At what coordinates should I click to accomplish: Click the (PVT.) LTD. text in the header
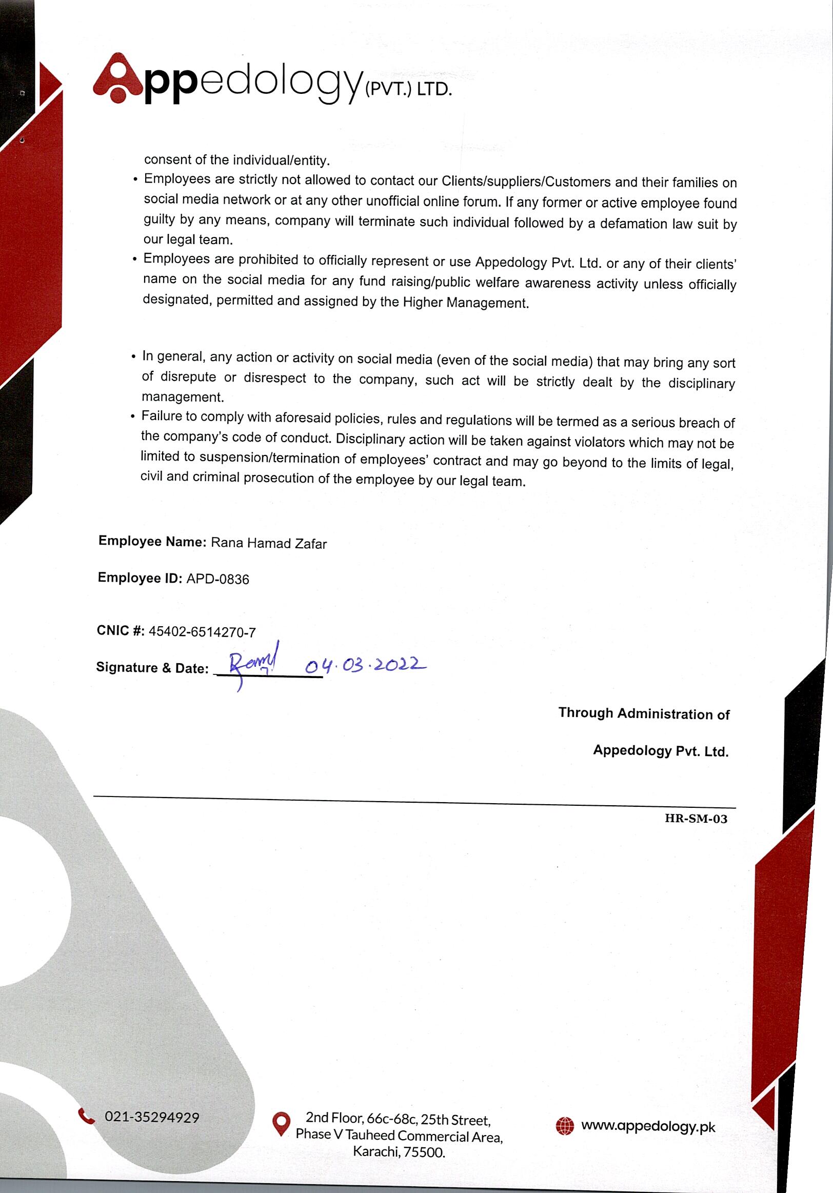(408, 89)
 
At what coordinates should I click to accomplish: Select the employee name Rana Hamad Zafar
(269, 544)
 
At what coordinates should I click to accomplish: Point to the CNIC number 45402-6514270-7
(202, 632)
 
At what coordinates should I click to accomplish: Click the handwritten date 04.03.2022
(365, 665)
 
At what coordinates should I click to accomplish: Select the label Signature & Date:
(152, 668)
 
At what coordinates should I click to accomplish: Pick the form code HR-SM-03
(696, 819)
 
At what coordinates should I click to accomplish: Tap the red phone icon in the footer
(86, 1116)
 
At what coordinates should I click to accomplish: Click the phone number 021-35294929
(152, 1117)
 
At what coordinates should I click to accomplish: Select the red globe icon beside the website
(565, 1126)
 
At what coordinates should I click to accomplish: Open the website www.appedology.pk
(648, 1126)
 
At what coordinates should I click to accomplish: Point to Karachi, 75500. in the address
(399, 1152)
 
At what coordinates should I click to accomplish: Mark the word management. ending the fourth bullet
(183, 397)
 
